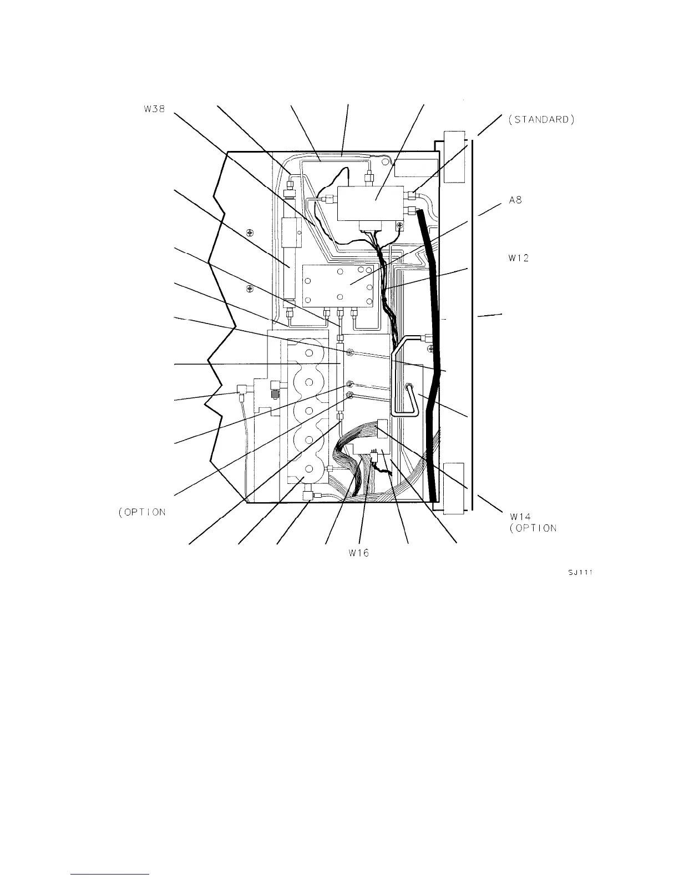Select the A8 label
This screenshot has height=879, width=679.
(x=515, y=202)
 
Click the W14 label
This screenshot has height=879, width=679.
(x=521, y=517)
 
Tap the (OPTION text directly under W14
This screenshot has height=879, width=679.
(x=533, y=528)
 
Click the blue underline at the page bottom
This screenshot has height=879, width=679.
(x=110, y=875)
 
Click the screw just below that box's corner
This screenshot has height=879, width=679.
(x=399, y=225)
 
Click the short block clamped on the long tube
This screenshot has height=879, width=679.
(x=290, y=233)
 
